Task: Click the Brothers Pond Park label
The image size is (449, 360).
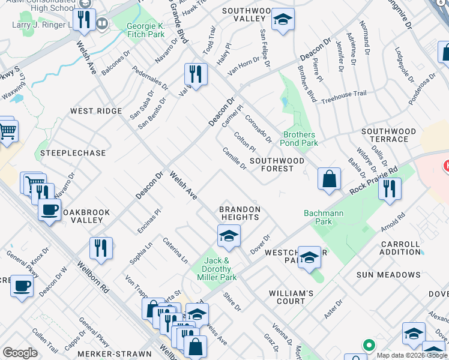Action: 300,139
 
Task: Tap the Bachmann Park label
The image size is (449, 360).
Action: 318,217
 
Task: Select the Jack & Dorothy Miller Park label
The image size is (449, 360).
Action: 217,269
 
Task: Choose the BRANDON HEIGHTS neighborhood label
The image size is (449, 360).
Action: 240,214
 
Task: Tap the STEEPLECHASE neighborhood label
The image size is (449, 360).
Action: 73,153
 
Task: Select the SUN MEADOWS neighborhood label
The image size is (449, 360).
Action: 388,275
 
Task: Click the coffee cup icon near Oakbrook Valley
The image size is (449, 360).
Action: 49,210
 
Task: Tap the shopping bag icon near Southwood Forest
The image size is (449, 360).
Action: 329,179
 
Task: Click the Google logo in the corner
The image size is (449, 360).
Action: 20,353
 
